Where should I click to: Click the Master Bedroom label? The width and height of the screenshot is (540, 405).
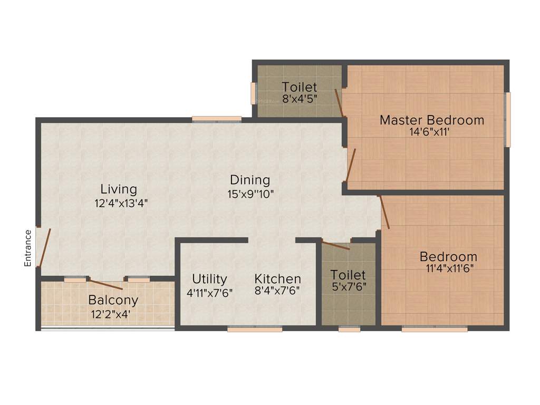pyautogui.click(x=432, y=120)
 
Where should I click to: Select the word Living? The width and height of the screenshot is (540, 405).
pyautogui.click(x=119, y=189)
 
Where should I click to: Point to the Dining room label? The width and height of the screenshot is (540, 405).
pyautogui.click(x=249, y=180)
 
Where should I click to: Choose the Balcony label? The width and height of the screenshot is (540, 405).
pyautogui.click(x=113, y=301)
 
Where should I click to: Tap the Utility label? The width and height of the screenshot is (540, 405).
pyautogui.click(x=209, y=278)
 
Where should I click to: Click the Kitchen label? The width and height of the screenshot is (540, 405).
pyautogui.click(x=277, y=278)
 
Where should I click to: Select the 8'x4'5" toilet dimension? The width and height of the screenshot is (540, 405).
pyautogui.click(x=299, y=99)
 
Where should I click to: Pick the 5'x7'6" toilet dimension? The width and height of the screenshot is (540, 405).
pyautogui.click(x=348, y=287)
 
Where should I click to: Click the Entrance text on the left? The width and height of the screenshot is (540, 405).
pyautogui.click(x=28, y=248)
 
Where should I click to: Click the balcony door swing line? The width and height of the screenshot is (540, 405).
pyautogui.click(x=106, y=285)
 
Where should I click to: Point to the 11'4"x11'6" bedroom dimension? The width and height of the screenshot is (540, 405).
pyautogui.click(x=448, y=268)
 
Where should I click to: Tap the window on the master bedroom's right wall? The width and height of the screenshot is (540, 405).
pyautogui.click(x=507, y=120)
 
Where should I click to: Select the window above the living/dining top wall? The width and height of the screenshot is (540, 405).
pyautogui.click(x=217, y=119)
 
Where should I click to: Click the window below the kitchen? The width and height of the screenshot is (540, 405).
pyautogui.click(x=255, y=329)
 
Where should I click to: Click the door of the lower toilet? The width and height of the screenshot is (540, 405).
pyautogui.click(x=335, y=245)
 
